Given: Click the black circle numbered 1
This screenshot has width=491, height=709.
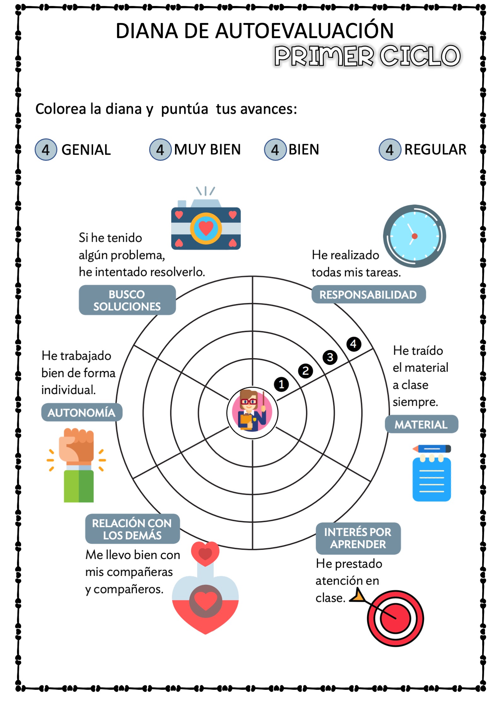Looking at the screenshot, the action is tap(281, 384).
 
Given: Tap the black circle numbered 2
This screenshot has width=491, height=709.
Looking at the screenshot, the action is tap(305, 370).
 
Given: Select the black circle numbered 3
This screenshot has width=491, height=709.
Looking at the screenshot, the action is tap(330, 357).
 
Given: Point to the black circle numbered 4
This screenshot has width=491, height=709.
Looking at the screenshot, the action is tap(354, 344).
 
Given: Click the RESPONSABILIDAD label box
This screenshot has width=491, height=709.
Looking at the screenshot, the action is tap(368, 294).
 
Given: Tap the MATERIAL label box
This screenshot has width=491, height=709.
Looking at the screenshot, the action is tap(421, 424).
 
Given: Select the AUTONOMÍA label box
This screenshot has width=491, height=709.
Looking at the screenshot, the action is tap(82, 412).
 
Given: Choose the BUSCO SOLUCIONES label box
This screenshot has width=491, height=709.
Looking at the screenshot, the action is tap(127, 300).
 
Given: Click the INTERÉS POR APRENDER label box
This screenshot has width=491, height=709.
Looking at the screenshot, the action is tap(358, 538).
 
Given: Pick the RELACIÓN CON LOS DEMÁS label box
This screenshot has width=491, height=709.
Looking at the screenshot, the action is tap(132, 529).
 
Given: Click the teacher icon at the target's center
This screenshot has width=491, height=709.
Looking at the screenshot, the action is tap(252, 413).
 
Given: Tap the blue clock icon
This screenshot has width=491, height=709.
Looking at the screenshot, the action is tap(414, 236).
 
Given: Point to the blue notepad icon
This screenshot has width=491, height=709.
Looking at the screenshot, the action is tap(431, 473).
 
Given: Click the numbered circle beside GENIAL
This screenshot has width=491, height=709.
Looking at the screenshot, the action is tap(46, 149).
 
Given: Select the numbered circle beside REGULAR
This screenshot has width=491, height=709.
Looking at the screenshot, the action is tap(390, 149).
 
